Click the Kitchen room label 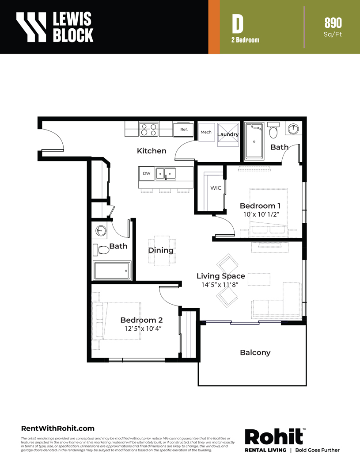point(152,151)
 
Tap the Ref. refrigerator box point(184,130)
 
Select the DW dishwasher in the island point(147,174)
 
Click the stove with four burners point(149,129)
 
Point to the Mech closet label point(206,132)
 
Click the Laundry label point(228,134)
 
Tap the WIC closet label point(216,188)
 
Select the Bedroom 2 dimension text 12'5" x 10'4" point(143,328)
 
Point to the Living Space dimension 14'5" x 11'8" point(220,285)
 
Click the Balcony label point(255,353)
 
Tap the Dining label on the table point(161,250)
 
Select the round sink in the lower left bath point(101,231)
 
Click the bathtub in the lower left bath point(112,271)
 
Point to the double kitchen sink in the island point(166,174)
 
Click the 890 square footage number point(333,23)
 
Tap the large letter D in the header point(238,24)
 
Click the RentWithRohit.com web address point(57,428)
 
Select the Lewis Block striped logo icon point(31,27)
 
